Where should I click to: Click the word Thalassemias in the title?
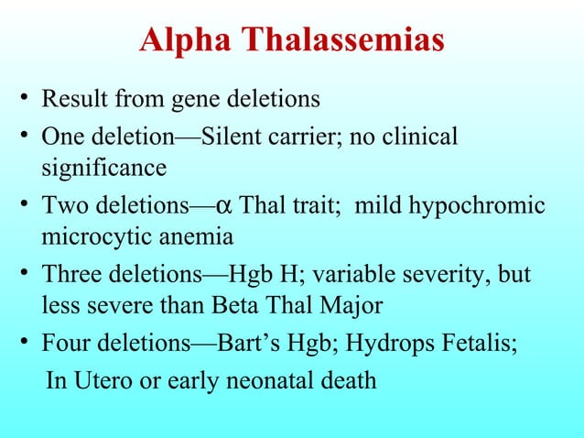pyautogui.click(x=342, y=41)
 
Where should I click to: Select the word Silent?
pyautogui.click(x=231, y=137)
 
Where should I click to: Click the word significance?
pyautogui.click(x=103, y=169)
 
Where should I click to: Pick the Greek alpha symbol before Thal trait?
pyautogui.click(x=248, y=206)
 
